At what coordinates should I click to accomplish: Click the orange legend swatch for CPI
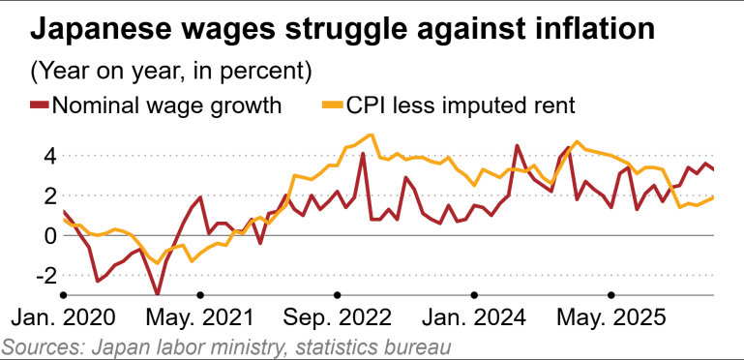point(333,105)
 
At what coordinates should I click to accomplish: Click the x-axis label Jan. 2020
point(63,317)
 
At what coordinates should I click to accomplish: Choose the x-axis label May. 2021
point(200,317)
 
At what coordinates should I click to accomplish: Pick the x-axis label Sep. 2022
point(338,317)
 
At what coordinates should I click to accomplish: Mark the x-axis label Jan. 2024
point(474,317)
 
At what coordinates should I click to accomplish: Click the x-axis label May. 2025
point(611,317)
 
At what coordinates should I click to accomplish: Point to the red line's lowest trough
point(158,294)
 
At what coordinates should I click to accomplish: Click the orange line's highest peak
point(371,135)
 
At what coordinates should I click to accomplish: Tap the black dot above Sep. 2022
point(338,295)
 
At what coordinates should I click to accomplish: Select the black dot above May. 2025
point(611,295)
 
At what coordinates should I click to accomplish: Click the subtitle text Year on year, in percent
point(171,72)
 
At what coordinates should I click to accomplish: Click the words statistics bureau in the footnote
point(372,346)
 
